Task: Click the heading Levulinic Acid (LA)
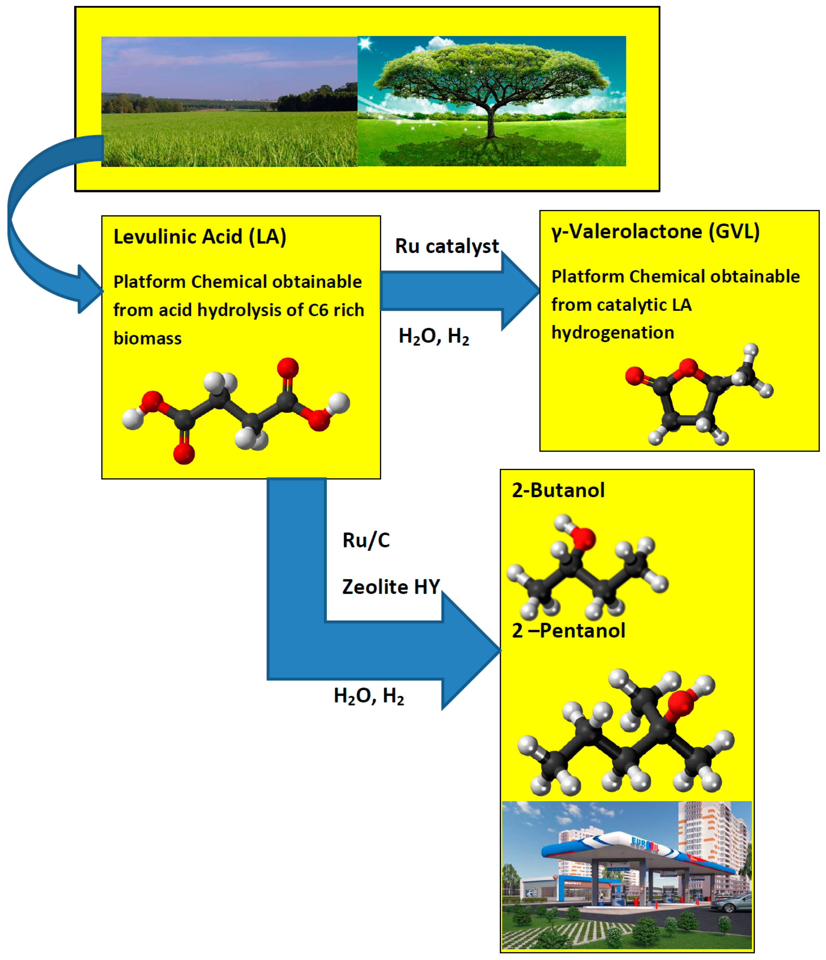(200, 237)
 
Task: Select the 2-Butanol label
(558, 490)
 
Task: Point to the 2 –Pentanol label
(568, 631)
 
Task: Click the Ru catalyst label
(447, 246)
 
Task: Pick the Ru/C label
(366, 540)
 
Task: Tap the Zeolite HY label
(391, 587)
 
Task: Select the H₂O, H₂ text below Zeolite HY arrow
(369, 696)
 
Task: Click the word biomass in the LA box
(147, 338)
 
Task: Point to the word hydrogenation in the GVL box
(612, 333)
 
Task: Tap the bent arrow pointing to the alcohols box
(371, 649)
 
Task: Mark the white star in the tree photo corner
(365, 44)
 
